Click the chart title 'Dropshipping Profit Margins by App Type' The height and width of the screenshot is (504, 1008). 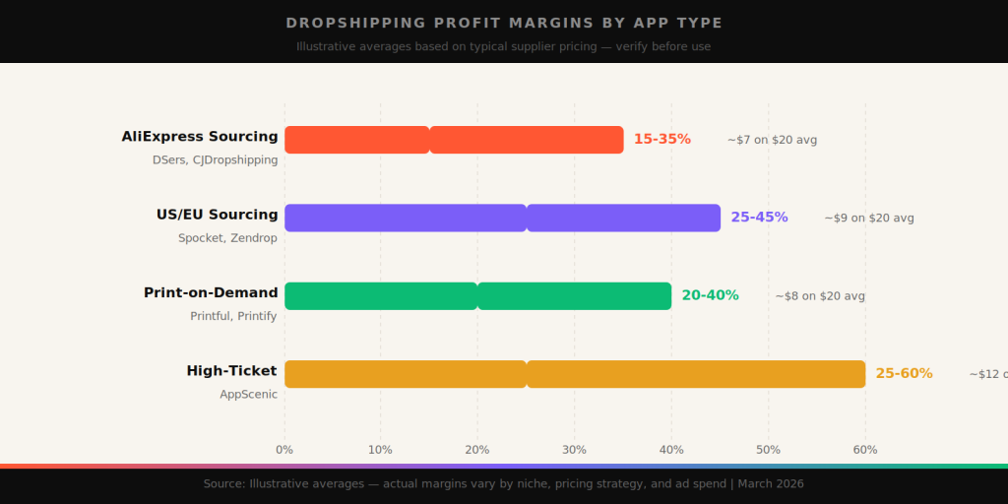pyautogui.click(x=504, y=23)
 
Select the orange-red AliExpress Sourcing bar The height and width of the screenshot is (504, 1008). pyautogui.click(x=454, y=140)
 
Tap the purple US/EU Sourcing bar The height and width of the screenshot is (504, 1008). pyautogui.click(x=502, y=218)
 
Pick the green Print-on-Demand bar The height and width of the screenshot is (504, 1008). pyautogui.click(x=477, y=295)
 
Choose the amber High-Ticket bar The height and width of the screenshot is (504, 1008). pyautogui.click(x=575, y=374)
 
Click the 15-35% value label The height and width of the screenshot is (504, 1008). pyautogui.click(x=661, y=140)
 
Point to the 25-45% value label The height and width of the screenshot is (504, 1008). pyautogui.click(x=759, y=218)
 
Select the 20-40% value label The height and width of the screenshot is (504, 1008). pyautogui.click(x=710, y=295)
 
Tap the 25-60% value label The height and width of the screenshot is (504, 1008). pyautogui.click(x=904, y=374)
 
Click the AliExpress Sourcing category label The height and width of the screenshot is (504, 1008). pyautogui.click(x=200, y=137)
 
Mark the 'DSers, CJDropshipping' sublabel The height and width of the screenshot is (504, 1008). pyautogui.click(x=215, y=159)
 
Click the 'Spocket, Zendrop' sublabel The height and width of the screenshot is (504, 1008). pyautogui.click(x=227, y=238)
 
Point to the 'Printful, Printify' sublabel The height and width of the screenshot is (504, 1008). pyautogui.click(x=233, y=316)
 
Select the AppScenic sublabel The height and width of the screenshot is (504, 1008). pyautogui.click(x=248, y=395)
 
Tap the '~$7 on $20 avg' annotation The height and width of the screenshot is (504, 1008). pyautogui.click(x=772, y=140)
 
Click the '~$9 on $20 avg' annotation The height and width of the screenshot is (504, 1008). pyautogui.click(x=869, y=218)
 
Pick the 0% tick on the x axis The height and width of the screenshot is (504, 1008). pyautogui.click(x=284, y=450)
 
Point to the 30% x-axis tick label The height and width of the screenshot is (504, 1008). pyautogui.click(x=574, y=450)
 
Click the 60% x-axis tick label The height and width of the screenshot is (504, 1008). pyautogui.click(x=864, y=450)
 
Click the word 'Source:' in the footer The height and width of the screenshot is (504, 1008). pyautogui.click(x=224, y=484)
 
